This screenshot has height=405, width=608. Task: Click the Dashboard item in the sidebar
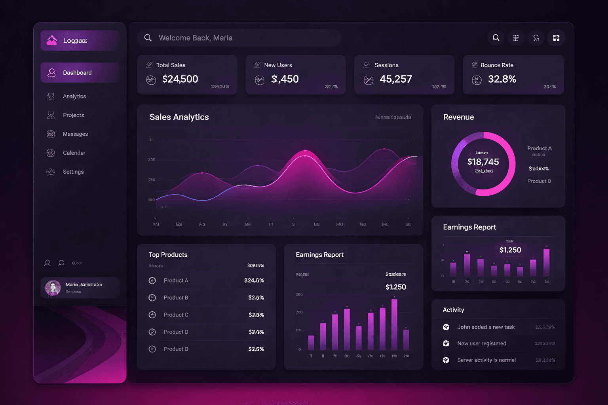point(77,73)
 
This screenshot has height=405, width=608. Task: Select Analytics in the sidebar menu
point(74,97)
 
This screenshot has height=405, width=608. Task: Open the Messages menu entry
point(75,134)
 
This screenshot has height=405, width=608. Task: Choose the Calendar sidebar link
point(74,153)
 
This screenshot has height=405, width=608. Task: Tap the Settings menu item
point(73,172)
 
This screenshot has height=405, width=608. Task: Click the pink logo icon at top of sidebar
point(52,40)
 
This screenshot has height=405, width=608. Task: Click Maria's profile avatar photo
point(53,288)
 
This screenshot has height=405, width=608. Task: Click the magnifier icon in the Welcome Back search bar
point(148,38)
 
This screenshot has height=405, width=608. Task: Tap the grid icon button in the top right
point(556,38)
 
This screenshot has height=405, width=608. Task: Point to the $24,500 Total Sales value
point(180,79)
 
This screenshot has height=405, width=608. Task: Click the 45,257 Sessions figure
point(395,79)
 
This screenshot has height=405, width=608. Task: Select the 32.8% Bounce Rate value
point(502,79)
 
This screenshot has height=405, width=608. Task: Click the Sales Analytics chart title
point(179,117)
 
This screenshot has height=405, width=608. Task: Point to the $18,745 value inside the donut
point(483,162)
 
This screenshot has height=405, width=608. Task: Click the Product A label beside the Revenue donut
point(539,148)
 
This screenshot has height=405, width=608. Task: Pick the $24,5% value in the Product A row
point(254,280)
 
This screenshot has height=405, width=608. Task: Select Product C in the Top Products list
point(176,315)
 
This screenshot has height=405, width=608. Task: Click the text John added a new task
point(486,327)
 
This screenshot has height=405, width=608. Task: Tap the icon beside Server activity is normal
point(446,360)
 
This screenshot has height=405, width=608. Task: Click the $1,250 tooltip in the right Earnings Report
point(510,250)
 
